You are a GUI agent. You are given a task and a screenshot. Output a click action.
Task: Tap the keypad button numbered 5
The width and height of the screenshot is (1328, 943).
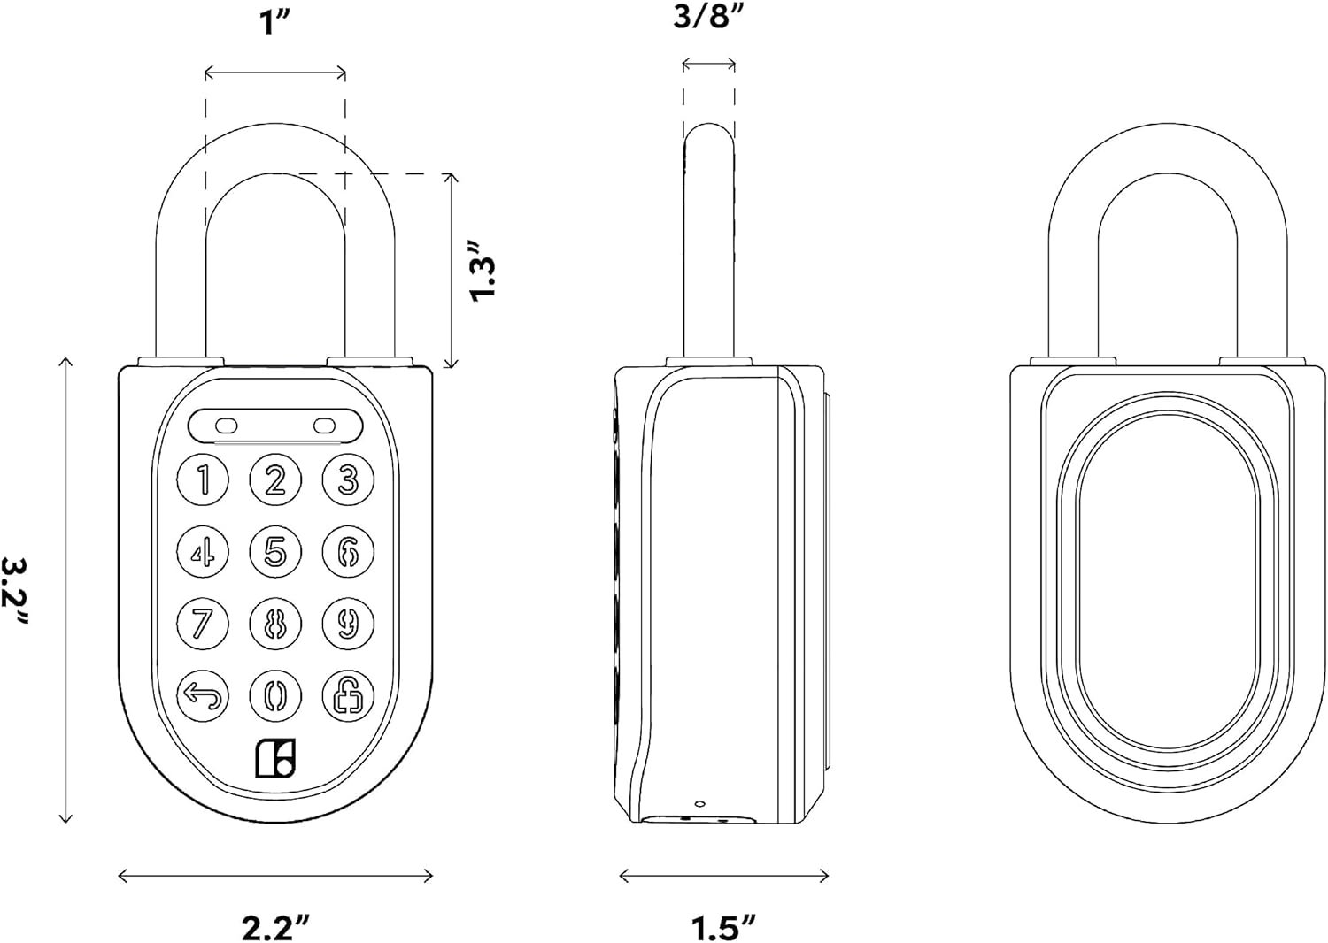[275, 551]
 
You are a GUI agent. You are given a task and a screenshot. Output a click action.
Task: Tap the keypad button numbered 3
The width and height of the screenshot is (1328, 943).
[347, 480]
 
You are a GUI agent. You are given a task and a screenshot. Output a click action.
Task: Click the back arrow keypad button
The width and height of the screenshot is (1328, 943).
[203, 694]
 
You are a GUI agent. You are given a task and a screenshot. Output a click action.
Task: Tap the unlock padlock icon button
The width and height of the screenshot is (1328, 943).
[347, 694]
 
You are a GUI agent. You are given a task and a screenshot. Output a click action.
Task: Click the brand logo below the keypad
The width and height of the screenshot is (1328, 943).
[275, 758]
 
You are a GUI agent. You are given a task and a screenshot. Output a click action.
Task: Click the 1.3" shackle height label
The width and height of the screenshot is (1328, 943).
[486, 270]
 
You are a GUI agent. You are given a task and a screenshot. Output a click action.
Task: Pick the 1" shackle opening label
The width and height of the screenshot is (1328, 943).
[274, 25]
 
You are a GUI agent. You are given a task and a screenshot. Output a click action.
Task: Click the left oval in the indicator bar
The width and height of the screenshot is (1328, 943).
[227, 425]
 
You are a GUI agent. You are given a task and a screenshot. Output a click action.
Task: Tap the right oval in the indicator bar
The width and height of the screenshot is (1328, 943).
[325, 425]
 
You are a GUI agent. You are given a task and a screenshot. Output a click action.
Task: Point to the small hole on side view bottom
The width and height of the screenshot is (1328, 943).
[699, 804]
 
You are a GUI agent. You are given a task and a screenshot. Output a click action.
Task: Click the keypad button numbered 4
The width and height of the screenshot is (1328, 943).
[203, 551]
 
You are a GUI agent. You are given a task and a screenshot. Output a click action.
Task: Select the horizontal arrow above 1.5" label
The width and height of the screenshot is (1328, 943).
[723, 876]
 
